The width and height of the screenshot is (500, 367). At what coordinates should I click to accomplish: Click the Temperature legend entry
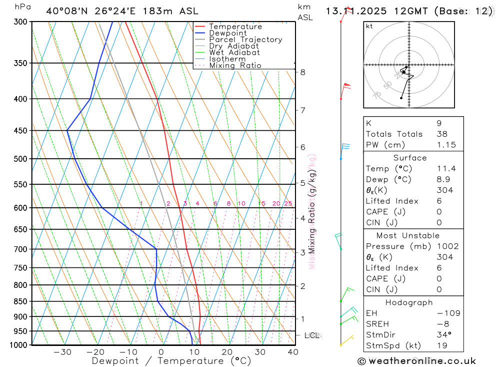pos(235,27)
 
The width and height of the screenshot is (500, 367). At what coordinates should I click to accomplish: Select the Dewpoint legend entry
pos(227,33)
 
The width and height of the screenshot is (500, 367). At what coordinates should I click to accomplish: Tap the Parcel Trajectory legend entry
pos(245,40)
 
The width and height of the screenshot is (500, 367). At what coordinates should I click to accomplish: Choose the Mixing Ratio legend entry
pos(235,66)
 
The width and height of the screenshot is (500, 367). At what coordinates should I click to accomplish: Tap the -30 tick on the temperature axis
pos(62,352)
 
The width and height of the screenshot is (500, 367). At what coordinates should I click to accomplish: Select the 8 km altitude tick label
pos(302,72)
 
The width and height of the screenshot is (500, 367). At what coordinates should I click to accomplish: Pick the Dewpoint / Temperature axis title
pos(171,360)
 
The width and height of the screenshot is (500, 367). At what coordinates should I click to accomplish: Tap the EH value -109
pos(448,313)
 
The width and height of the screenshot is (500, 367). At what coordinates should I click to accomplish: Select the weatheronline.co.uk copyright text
pos(416,361)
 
